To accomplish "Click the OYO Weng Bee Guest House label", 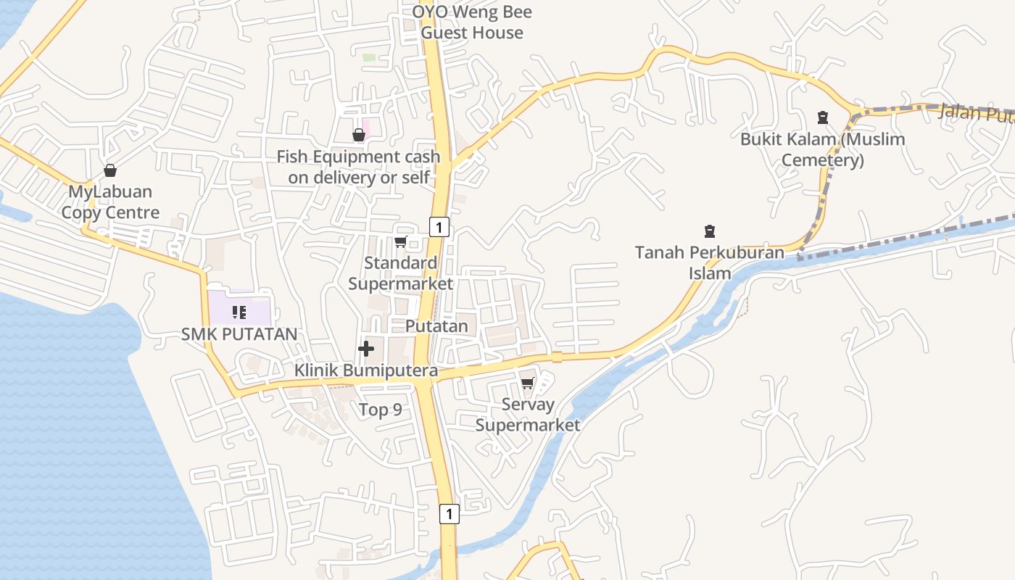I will pos(472,22).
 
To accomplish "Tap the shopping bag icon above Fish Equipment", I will pos(358,135).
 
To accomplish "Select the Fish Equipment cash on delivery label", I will pos(358,167).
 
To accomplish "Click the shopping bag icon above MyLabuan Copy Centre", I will pos(110,170).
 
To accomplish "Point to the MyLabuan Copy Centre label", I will pos(110,202).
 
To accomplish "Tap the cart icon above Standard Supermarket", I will pos(400,241).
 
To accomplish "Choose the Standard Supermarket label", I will pos(400,273).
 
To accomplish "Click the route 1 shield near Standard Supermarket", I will pos(439,227).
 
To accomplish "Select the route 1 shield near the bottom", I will pos(449,514).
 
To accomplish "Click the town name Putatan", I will pos(436,326).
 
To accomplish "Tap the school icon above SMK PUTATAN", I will pos(239,312).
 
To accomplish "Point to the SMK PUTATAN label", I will pos(239,334).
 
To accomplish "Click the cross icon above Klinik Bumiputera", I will pos(366,349).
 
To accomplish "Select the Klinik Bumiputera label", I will pos(366,371).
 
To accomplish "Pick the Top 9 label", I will pos(381,410).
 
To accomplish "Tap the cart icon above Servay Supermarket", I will pos(528,383).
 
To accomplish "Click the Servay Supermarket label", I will pos(528,415).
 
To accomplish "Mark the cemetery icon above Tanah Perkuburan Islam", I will pos(710,231).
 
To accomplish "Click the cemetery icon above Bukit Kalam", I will pos(823,117).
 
